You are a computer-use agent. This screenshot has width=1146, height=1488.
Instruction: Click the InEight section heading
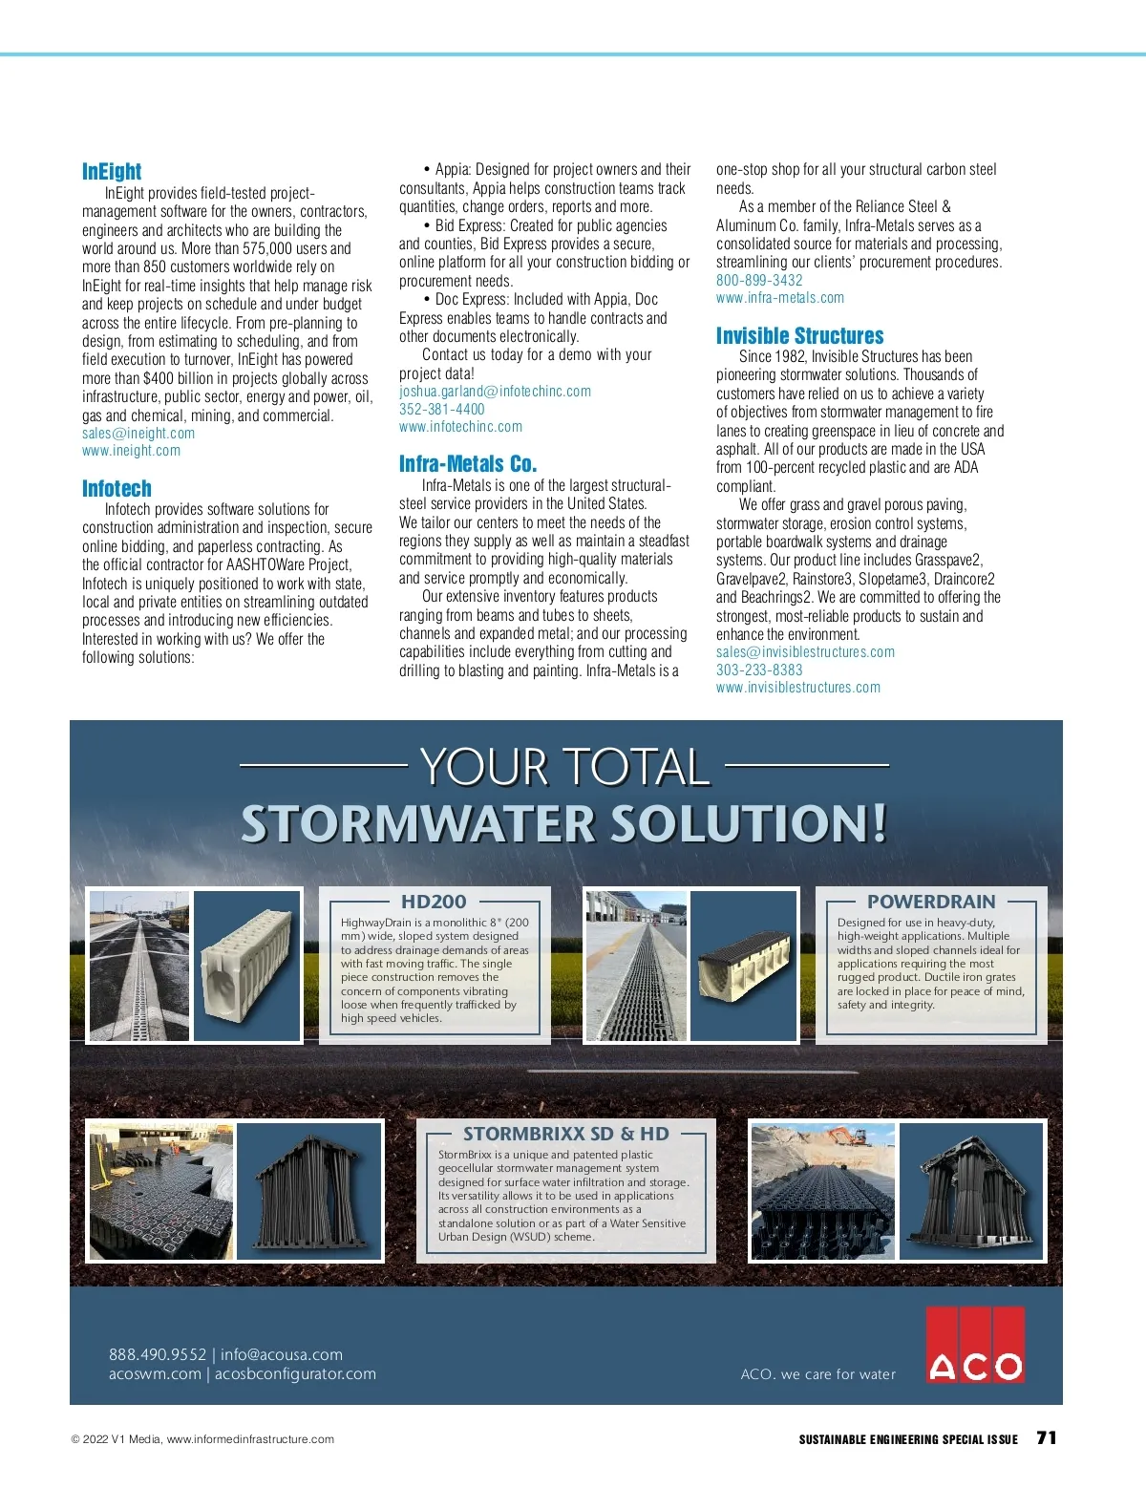[x=112, y=172]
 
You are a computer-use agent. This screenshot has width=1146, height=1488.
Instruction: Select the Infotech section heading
[x=117, y=489]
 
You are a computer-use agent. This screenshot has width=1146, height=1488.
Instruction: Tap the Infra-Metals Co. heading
[x=468, y=464]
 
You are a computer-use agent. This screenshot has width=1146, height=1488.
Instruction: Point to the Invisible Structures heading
[x=800, y=336]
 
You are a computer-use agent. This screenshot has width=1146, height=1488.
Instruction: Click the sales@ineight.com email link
[x=138, y=434]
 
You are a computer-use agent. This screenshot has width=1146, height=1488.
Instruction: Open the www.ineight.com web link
[x=131, y=451]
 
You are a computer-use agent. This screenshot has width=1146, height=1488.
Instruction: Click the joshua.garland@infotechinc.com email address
[x=495, y=392]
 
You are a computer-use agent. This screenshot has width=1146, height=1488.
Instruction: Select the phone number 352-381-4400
[x=442, y=410]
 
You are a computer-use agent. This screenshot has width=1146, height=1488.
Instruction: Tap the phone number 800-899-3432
[x=759, y=281]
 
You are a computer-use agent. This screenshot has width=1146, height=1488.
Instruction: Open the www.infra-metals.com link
[x=780, y=298]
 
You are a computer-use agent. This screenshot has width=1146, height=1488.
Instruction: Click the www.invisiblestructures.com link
[x=798, y=688]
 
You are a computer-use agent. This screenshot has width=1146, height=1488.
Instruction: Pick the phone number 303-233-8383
[x=759, y=670]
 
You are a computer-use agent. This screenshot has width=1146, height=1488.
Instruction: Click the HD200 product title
[x=434, y=902]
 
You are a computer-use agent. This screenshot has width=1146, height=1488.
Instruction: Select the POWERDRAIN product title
[x=931, y=902]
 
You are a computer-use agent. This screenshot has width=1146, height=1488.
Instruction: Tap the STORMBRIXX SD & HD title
[x=566, y=1134]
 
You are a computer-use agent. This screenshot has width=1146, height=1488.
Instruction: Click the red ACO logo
[x=975, y=1346]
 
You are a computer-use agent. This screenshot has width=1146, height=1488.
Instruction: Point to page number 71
[x=1047, y=1438]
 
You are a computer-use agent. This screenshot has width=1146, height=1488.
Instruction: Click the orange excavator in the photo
[x=846, y=1137]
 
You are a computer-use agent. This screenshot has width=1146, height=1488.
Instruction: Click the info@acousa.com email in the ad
[x=282, y=1354]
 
